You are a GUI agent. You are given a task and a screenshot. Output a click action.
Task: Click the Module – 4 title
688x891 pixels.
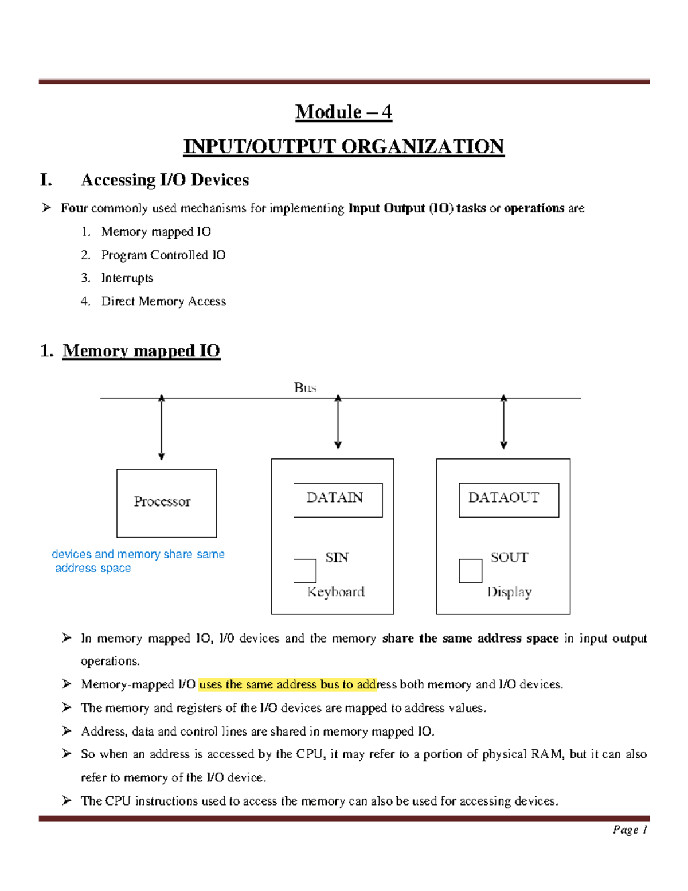point(343,112)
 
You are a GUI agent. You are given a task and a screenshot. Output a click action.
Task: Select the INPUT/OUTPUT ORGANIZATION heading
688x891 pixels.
point(343,146)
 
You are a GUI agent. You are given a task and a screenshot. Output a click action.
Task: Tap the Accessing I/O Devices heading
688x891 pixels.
point(165,180)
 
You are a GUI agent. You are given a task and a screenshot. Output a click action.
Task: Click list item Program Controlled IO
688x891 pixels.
point(163,255)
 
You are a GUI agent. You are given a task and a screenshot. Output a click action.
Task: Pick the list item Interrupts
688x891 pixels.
point(127,278)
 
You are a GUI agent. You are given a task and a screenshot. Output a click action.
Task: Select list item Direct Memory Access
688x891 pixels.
point(163,301)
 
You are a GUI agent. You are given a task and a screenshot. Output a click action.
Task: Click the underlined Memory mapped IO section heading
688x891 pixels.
point(141,351)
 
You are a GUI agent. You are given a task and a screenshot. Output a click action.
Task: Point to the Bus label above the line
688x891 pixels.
point(305,388)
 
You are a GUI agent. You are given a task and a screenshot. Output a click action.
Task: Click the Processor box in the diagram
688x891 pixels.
point(166,503)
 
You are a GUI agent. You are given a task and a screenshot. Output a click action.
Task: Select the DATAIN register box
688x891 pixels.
point(337,499)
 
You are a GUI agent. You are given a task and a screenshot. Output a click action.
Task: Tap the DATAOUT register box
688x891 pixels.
point(509,499)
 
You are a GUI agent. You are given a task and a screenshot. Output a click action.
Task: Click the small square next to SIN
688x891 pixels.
point(305,571)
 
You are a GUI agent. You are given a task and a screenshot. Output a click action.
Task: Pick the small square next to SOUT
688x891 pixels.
point(470,571)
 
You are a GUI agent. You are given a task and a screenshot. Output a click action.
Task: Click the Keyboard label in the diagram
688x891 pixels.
point(336,592)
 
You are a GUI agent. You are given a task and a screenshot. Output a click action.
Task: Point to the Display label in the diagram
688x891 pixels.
point(510,592)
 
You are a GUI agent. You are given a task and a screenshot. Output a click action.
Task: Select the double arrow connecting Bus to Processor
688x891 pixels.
point(162,427)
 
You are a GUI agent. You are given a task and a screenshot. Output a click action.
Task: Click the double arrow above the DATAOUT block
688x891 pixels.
point(503,422)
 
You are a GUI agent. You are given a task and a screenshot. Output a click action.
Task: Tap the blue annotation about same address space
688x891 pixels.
point(138,561)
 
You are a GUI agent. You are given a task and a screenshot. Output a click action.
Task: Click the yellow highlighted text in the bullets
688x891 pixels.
point(287,684)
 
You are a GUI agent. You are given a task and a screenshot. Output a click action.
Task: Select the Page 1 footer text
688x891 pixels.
point(630,830)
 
